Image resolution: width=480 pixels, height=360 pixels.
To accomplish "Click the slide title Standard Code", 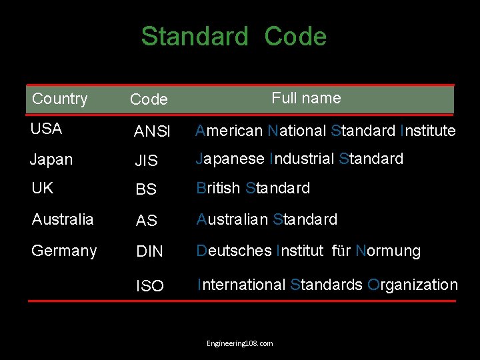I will [x=233, y=37].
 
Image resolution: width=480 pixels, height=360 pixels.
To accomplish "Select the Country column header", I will [x=60, y=99].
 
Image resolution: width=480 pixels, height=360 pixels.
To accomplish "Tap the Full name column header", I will [x=306, y=98].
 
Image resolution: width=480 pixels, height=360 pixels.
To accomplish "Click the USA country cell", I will [x=47, y=129].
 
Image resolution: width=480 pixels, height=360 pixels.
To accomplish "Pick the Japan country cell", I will [x=51, y=160].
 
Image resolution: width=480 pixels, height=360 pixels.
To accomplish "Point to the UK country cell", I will [x=42, y=189].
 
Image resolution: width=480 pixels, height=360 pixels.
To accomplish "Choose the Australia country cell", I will [x=63, y=219].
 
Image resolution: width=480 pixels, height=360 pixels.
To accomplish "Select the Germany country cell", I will [x=64, y=251].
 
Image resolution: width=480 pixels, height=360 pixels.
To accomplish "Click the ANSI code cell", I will [x=152, y=132].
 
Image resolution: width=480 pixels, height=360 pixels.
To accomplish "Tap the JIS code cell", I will [x=146, y=161].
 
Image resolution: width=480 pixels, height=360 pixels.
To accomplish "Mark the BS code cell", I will [x=145, y=190].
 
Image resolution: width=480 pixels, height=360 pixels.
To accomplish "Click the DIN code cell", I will [x=149, y=252].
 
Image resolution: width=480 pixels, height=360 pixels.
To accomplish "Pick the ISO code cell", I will [x=149, y=286].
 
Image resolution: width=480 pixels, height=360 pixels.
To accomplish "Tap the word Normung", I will [x=388, y=251].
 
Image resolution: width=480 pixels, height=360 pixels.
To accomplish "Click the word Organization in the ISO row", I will [x=413, y=285].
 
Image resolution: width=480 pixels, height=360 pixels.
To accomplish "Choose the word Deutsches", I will [x=234, y=251].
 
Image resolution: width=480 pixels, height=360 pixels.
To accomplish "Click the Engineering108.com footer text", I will [x=239, y=343].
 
